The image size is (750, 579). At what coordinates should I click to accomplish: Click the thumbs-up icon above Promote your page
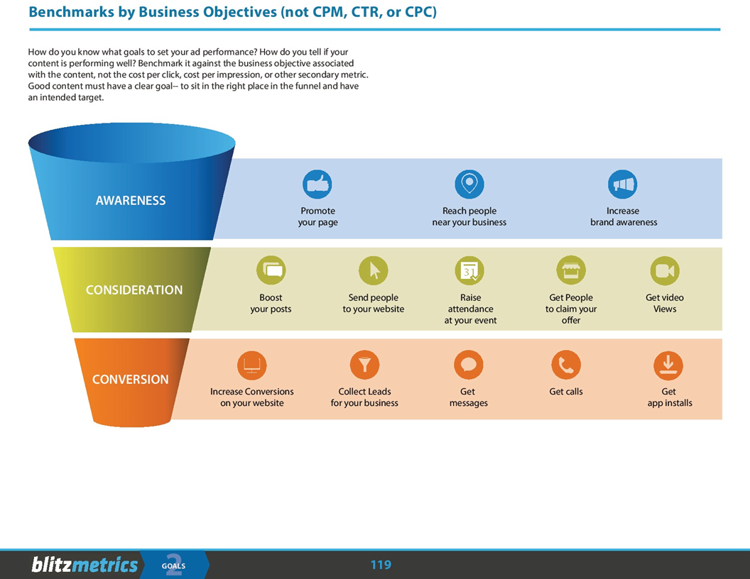coord(317,184)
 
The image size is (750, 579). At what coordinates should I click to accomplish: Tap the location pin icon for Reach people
coord(469,184)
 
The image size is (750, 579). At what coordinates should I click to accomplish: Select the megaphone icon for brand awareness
coord(623,184)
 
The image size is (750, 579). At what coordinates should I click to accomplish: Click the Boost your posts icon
coord(271,270)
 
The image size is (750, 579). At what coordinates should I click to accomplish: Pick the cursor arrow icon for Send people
coord(374,270)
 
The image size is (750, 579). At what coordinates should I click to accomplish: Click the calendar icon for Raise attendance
coord(469,270)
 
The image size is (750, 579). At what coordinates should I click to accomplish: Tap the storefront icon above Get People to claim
coord(571,270)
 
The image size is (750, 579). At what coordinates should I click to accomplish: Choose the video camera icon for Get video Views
coord(665,270)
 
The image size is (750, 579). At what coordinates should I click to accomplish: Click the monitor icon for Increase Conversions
coord(251,365)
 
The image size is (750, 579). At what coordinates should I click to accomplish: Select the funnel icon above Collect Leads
coord(364,365)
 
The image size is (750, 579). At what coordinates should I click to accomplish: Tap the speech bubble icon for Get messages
coord(468,365)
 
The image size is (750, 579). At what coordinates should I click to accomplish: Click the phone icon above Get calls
coord(566,365)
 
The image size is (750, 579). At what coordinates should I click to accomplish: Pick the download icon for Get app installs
coord(668,365)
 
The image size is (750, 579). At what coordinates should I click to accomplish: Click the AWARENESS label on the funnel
coord(131,201)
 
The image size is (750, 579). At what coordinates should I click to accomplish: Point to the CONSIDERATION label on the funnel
coord(134,290)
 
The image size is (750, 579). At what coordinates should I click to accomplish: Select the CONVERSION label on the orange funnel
coord(131,380)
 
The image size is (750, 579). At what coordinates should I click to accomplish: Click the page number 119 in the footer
coord(381,565)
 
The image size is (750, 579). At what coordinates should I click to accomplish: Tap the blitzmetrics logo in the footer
coord(85,565)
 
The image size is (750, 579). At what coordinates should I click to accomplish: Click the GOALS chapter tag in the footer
coord(173,566)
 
